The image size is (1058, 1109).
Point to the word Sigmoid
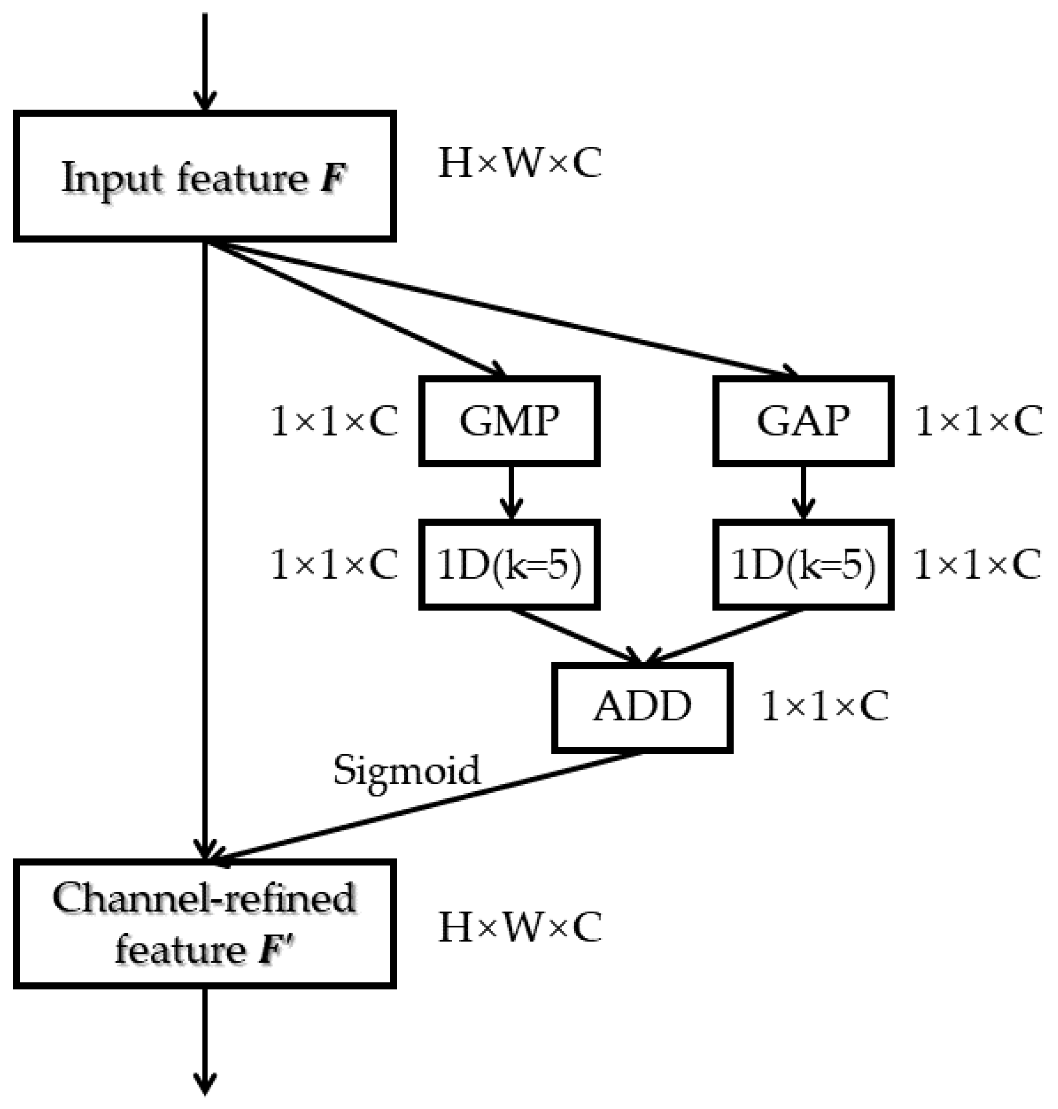click(x=406, y=769)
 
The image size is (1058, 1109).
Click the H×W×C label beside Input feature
click(x=519, y=164)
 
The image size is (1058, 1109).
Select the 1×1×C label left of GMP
click(x=334, y=422)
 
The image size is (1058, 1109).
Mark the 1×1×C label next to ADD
click(x=825, y=706)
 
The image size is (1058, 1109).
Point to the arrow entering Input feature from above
click(x=205, y=62)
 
